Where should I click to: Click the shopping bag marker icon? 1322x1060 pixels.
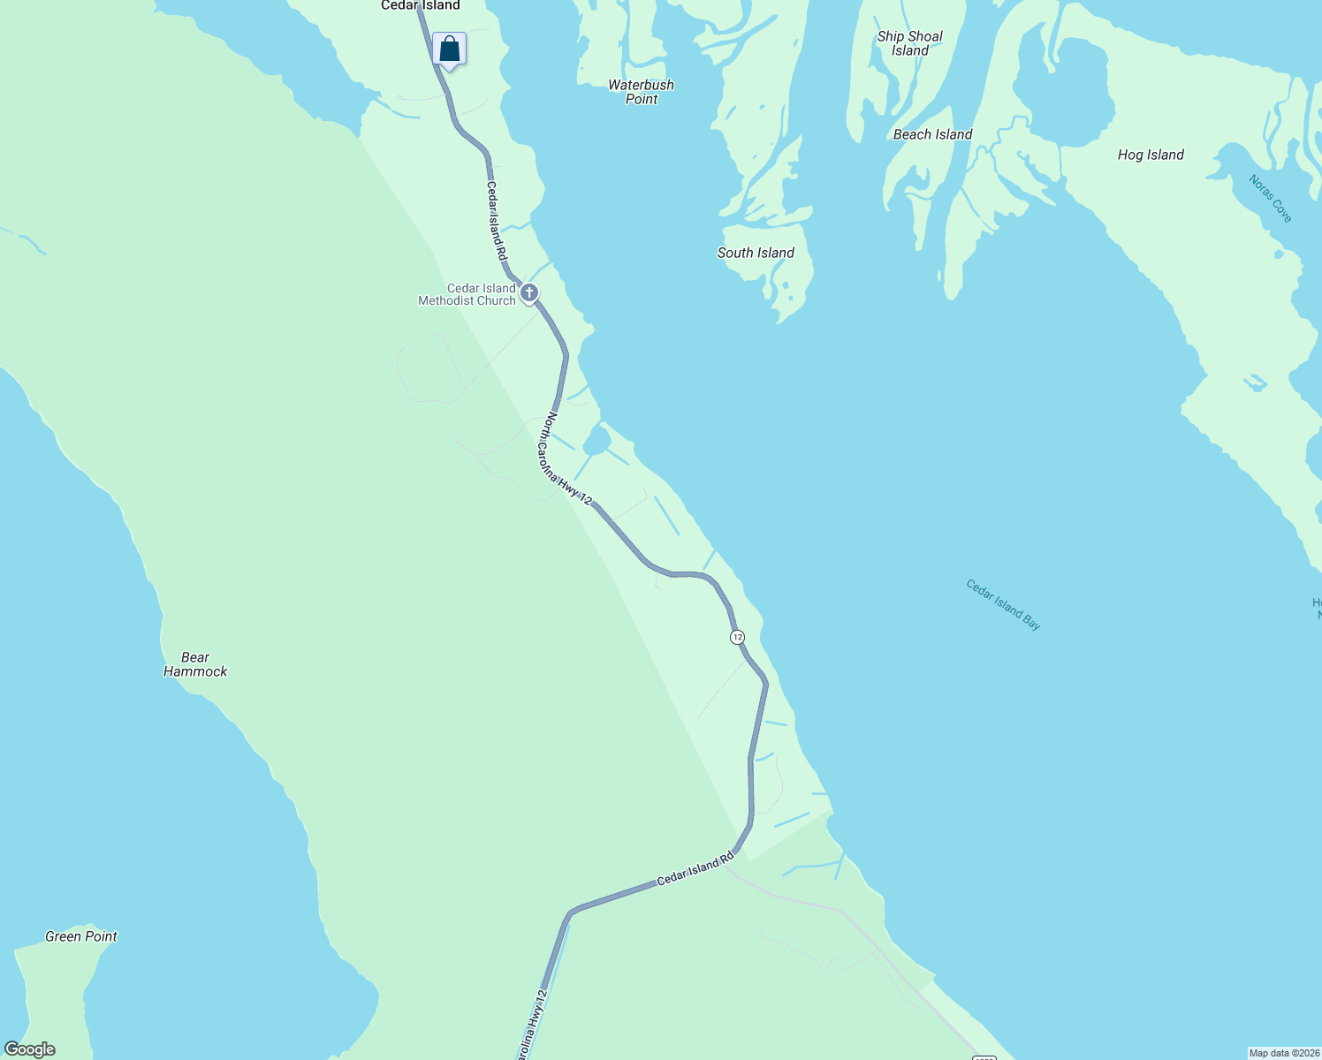point(449,49)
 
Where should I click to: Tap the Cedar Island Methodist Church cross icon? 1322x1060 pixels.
point(529,292)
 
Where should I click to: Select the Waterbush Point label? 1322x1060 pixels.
point(641,92)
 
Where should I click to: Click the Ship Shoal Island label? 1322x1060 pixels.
point(909,43)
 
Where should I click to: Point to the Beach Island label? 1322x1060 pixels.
point(932,134)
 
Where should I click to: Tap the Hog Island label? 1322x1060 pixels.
point(1151,155)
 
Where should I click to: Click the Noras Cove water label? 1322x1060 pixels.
point(1271,199)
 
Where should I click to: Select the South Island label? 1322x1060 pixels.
point(756,253)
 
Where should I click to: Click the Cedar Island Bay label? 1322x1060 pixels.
point(1003,605)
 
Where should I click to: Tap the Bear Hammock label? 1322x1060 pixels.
point(195,664)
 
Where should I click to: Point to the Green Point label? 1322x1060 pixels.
point(81,936)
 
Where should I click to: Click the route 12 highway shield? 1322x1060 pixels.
point(737,637)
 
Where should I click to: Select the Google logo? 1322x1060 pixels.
point(30,1049)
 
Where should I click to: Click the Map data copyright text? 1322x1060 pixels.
point(1283,1053)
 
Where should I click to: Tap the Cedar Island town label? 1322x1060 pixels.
point(421,6)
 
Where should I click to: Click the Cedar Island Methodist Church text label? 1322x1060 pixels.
point(467,294)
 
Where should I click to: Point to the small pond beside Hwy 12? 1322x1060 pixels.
point(596,440)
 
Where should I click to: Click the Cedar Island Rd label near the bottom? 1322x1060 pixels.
point(695,869)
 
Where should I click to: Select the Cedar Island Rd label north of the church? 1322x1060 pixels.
point(497,221)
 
